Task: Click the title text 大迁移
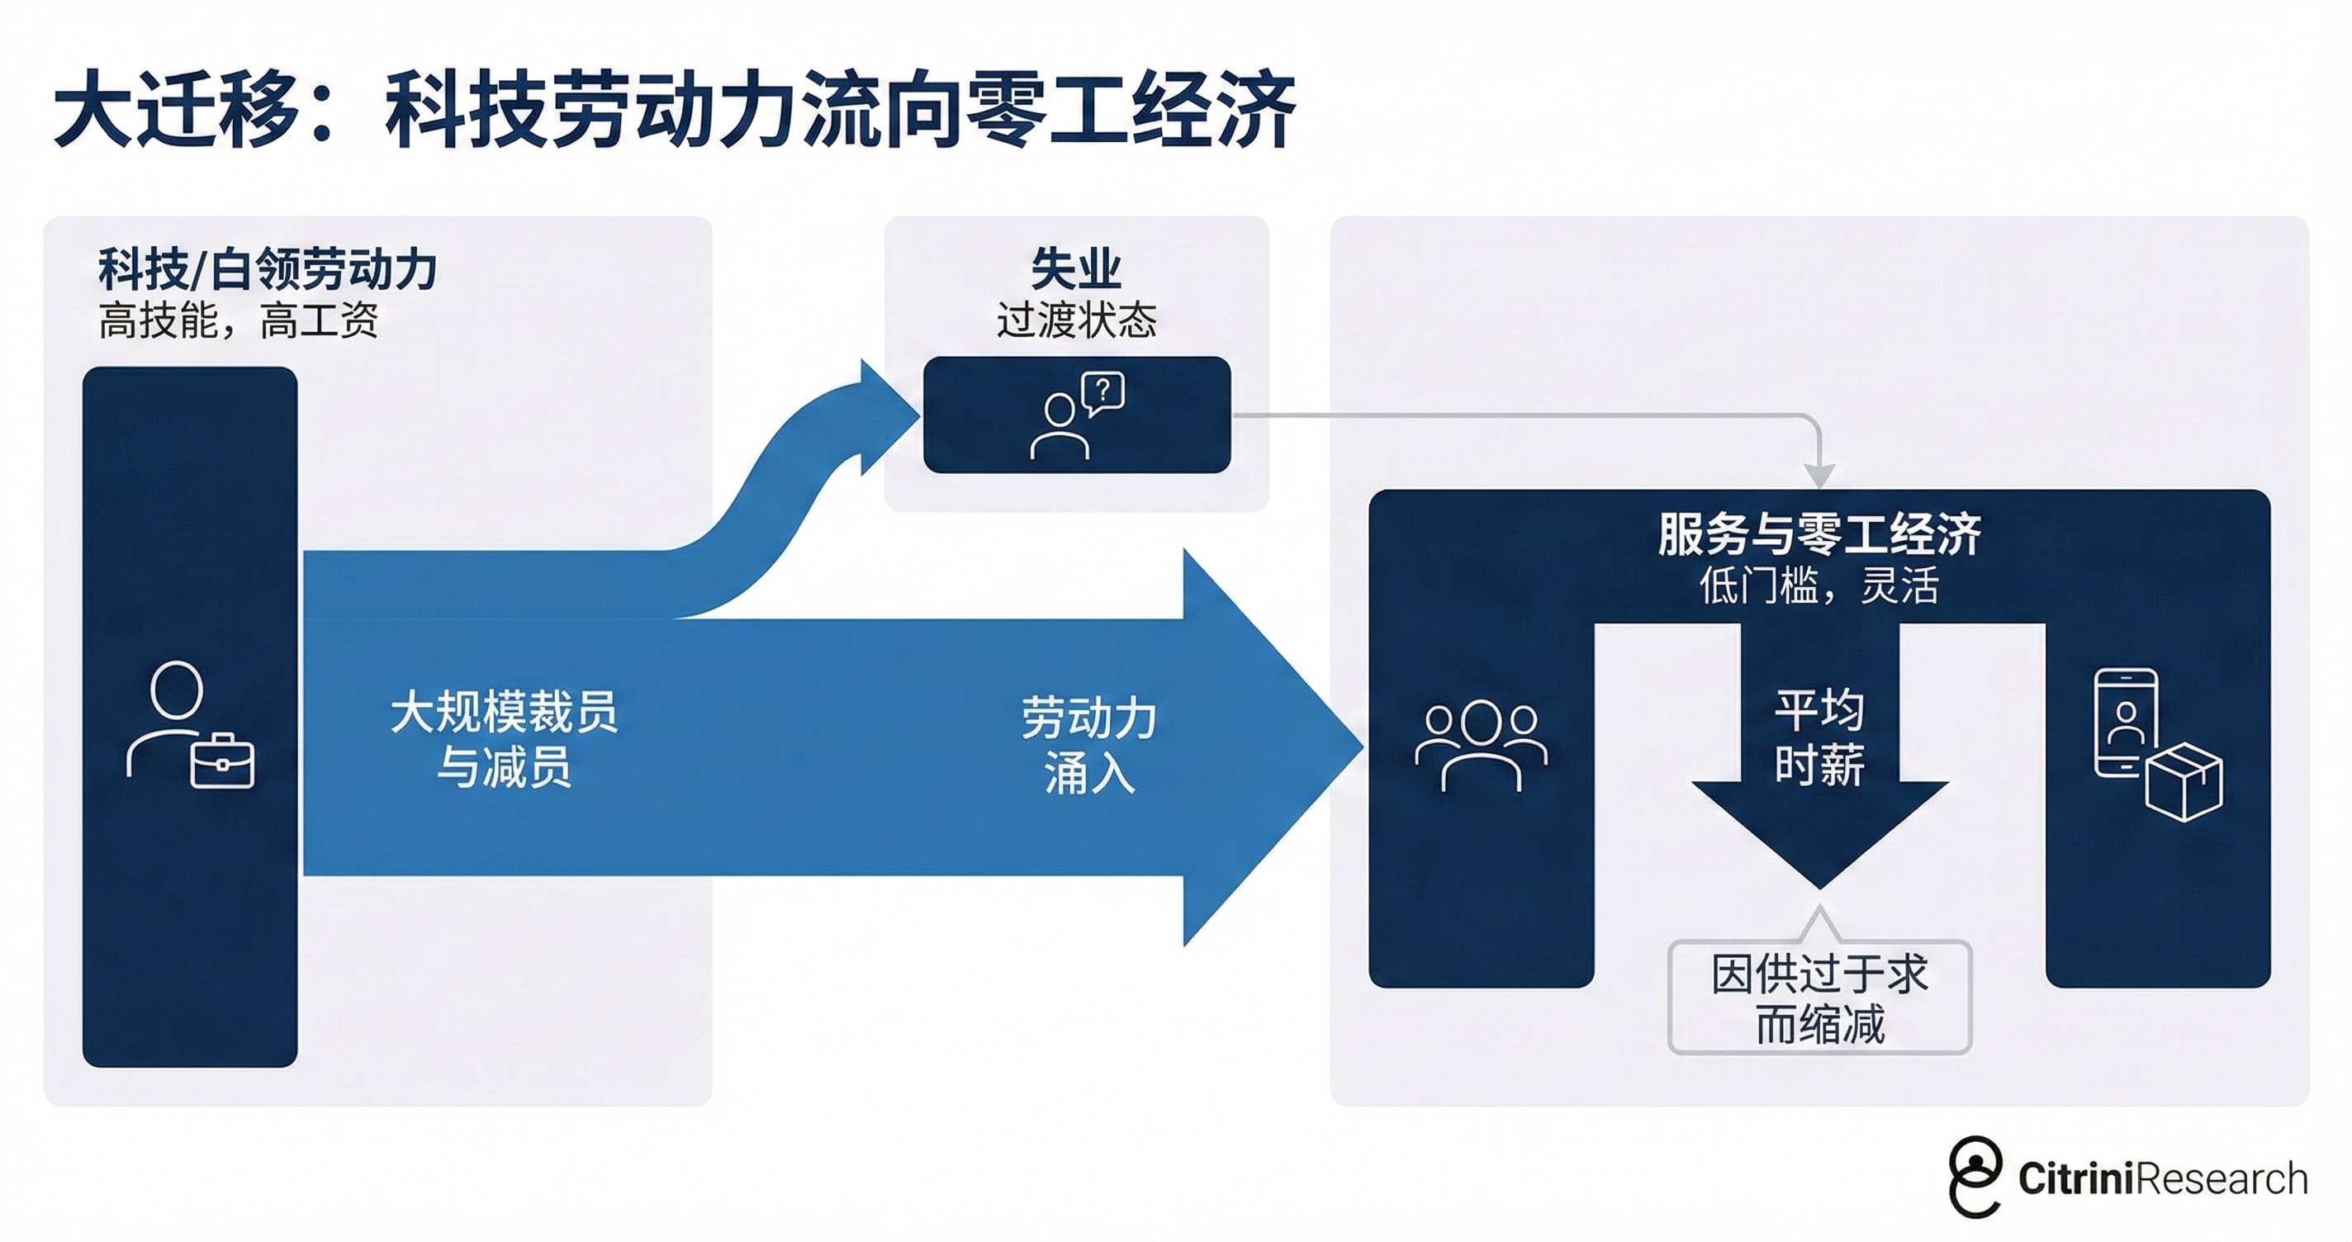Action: coord(178,110)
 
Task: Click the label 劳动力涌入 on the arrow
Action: coord(1088,744)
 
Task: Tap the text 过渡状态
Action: coord(1075,320)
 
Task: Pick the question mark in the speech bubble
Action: coord(1104,391)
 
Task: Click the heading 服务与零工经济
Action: coord(1819,533)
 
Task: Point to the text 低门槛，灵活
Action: coord(1819,585)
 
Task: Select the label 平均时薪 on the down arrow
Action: coord(1819,736)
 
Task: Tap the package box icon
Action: coord(2184,782)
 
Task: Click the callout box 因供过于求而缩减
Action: coord(1819,998)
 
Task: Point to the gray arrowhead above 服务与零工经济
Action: coord(1819,475)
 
